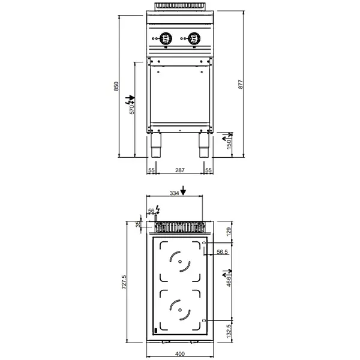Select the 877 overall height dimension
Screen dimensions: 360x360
241,85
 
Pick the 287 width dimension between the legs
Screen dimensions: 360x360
180,171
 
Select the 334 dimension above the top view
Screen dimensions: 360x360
174,193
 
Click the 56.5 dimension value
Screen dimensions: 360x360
221,253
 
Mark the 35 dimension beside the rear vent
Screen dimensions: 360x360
137,226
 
